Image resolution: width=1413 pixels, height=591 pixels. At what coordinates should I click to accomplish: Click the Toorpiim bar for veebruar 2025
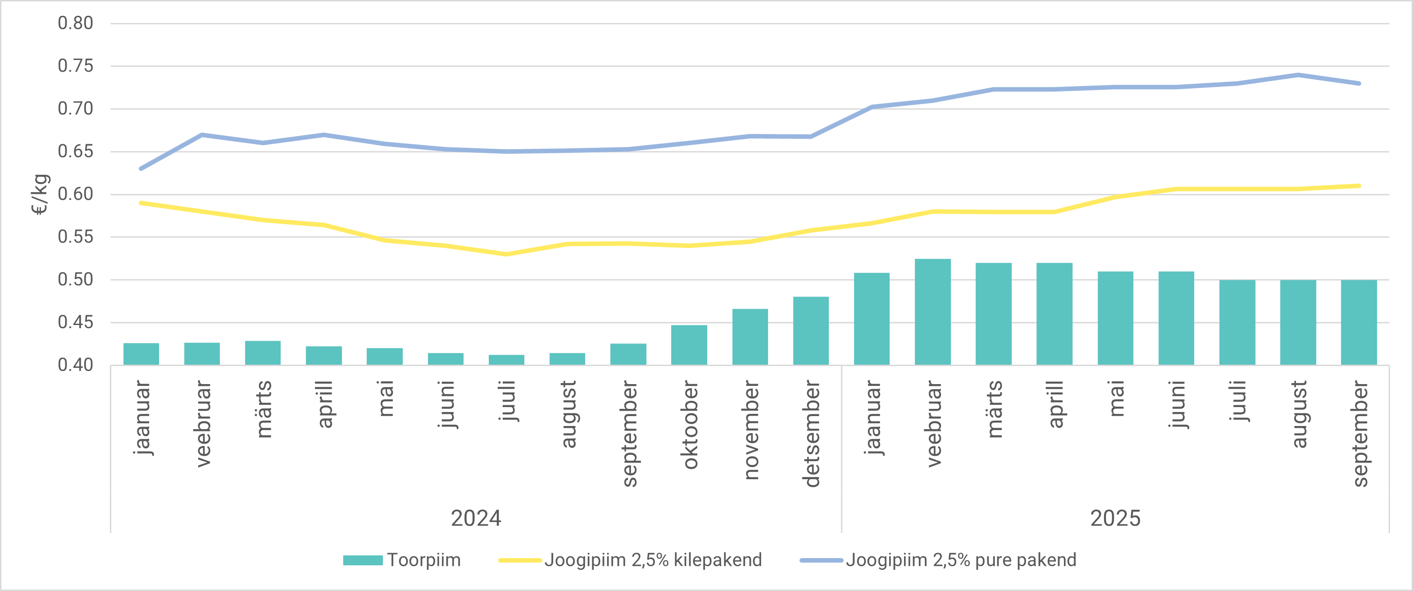tap(932, 312)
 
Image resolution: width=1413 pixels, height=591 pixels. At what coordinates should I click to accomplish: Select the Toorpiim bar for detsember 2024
tap(811, 331)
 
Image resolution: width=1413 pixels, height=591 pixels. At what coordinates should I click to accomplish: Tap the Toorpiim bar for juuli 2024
tap(506, 360)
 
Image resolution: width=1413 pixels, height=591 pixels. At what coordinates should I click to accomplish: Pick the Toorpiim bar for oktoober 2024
tap(689, 345)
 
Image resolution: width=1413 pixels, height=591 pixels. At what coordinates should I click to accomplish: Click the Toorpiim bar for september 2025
tap(1358, 323)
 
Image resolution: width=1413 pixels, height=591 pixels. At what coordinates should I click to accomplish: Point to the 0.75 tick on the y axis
tap(76, 66)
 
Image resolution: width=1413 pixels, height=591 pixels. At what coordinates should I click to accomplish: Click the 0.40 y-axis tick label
tap(76, 365)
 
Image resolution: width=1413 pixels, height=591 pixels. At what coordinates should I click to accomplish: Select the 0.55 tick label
tap(76, 237)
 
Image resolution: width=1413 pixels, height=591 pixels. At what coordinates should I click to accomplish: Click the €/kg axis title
tap(41, 194)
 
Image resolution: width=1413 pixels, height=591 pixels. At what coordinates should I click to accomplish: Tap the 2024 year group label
tap(476, 518)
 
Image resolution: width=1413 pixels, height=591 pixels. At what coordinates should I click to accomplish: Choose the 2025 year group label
tap(1115, 518)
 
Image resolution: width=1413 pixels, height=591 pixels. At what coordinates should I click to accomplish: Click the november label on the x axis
tap(750, 430)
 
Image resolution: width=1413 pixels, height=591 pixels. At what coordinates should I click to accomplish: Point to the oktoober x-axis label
tap(690, 425)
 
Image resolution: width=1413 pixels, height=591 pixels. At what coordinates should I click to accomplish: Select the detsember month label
tap(811, 434)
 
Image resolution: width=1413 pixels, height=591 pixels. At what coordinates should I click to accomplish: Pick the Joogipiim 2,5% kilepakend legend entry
tap(630, 560)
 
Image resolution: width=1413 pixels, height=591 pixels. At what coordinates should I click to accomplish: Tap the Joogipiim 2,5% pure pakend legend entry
tap(938, 560)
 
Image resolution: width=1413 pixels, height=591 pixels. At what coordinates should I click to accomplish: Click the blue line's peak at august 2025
tap(1298, 75)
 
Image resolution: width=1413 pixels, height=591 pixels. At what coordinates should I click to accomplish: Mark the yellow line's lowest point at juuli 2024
tap(506, 254)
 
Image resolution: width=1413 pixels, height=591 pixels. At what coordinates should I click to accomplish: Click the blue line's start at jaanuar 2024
tap(141, 169)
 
